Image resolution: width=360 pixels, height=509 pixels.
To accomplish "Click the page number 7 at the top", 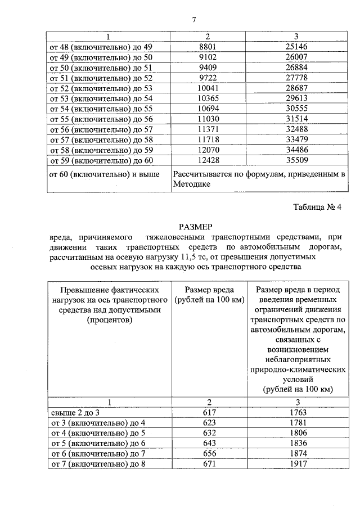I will coord(193,20).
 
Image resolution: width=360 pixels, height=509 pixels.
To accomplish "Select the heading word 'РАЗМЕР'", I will coord(195,227).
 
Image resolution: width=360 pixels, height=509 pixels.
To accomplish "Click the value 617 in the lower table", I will coord(209,412).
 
